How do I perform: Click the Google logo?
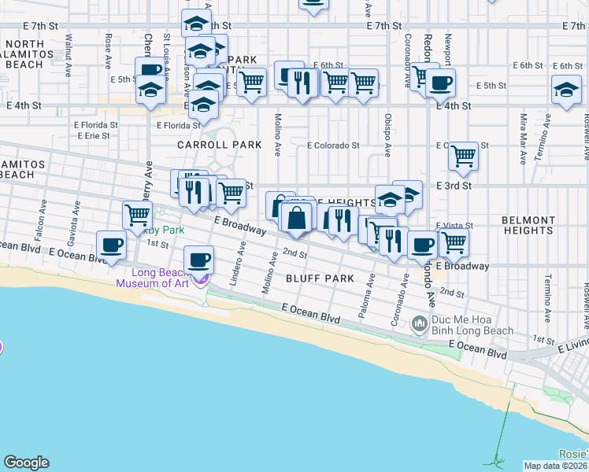tap(26, 463)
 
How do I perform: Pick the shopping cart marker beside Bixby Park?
tap(138, 214)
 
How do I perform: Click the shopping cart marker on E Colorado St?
tap(464, 156)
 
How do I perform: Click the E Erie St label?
tap(94, 135)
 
